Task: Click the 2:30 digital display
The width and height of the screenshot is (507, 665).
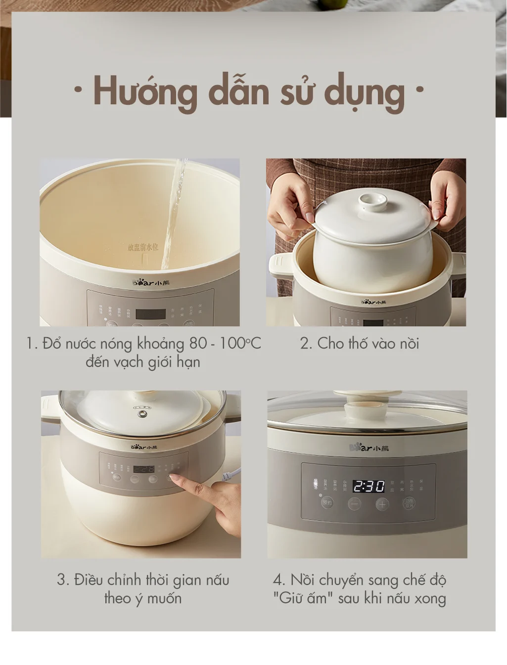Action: [x=369, y=487]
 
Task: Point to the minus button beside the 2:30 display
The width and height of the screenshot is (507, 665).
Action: [x=354, y=504]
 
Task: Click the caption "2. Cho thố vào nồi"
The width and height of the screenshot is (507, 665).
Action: [x=360, y=343]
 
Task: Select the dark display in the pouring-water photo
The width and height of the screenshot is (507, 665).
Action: [x=150, y=314]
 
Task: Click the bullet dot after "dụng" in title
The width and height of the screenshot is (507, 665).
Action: [x=420, y=91]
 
